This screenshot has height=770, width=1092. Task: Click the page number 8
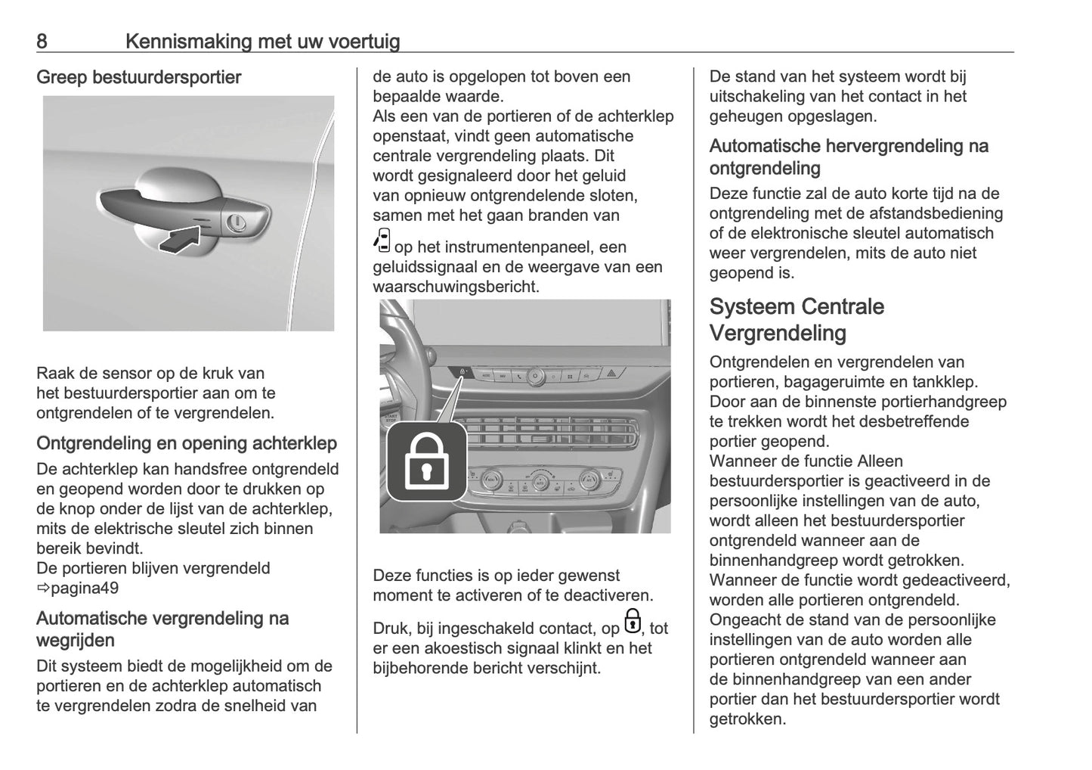pyautogui.click(x=42, y=41)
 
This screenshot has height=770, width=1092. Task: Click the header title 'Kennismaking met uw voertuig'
pyautogui.click(x=262, y=41)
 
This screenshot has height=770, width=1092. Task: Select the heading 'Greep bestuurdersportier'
pyautogui.click(x=138, y=77)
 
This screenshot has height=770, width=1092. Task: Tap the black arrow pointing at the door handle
pyautogui.click(x=181, y=241)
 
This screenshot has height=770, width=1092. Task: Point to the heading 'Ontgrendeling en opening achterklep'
pyautogui.click(x=187, y=443)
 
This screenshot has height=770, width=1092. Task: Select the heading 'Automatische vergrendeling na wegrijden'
pyautogui.click(x=162, y=629)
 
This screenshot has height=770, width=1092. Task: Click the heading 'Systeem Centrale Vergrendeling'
pyautogui.click(x=797, y=319)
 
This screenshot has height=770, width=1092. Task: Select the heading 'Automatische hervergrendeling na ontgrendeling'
pyautogui.click(x=849, y=157)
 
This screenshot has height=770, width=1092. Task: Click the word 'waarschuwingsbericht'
pyautogui.click(x=456, y=287)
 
